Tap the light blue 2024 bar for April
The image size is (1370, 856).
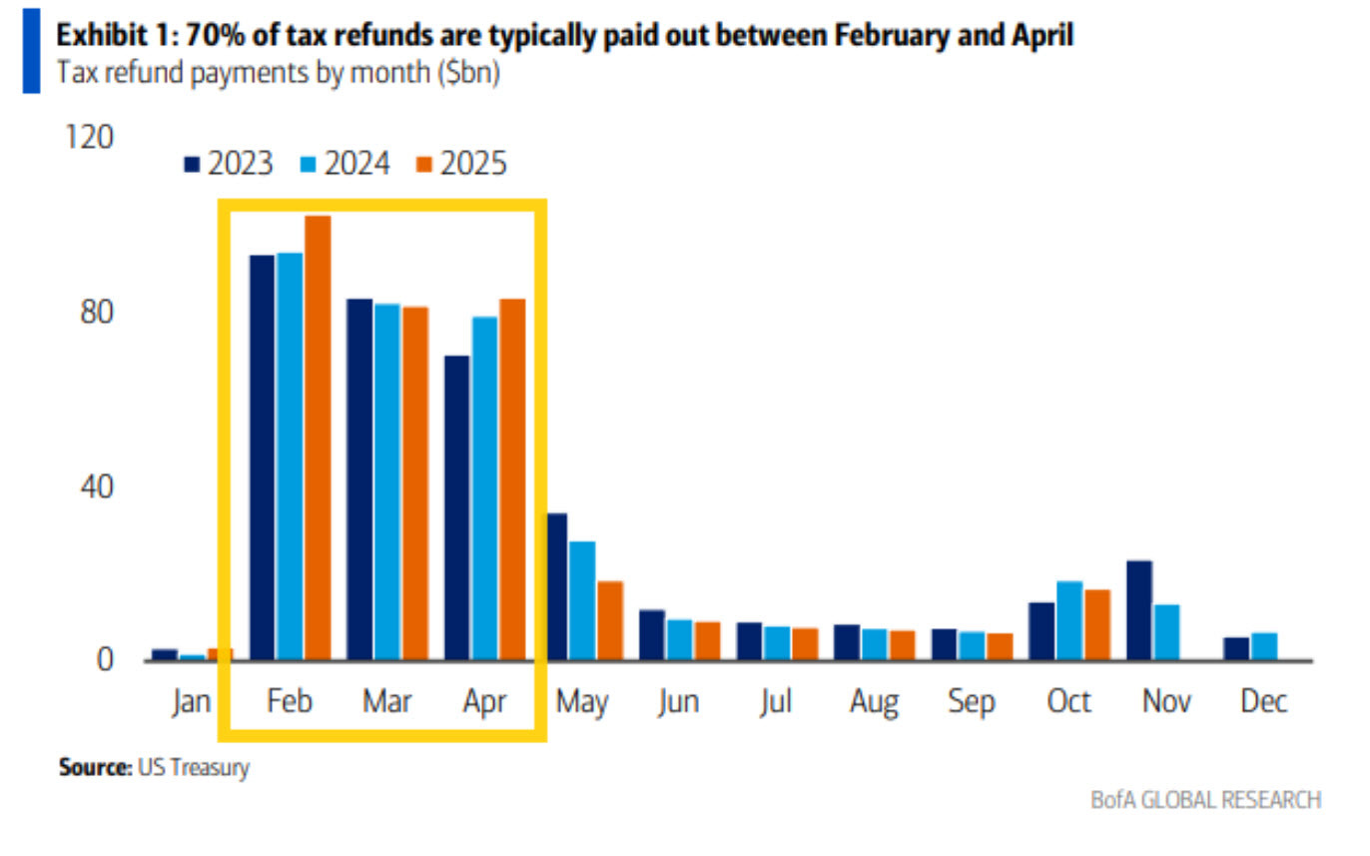click(x=485, y=488)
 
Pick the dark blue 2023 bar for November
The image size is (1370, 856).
click(x=1138, y=610)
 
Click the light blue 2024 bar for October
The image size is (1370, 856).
click(x=1069, y=620)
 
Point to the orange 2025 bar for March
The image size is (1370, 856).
click(x=415, y=483)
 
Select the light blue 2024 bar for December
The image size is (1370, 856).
click(x=1264, y=646)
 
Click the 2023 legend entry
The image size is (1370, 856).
click(x=229, y=164)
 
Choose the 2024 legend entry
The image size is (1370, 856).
click(x=345, y=164)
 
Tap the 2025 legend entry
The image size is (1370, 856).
click(x=462, y=164)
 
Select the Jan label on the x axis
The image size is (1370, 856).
click(x=191, y=702)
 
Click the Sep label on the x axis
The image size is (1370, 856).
click(x=972, y=702)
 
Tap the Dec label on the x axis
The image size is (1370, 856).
click(x=1263, y=702)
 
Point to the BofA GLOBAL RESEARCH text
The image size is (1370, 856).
click(x=1206, y=800)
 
